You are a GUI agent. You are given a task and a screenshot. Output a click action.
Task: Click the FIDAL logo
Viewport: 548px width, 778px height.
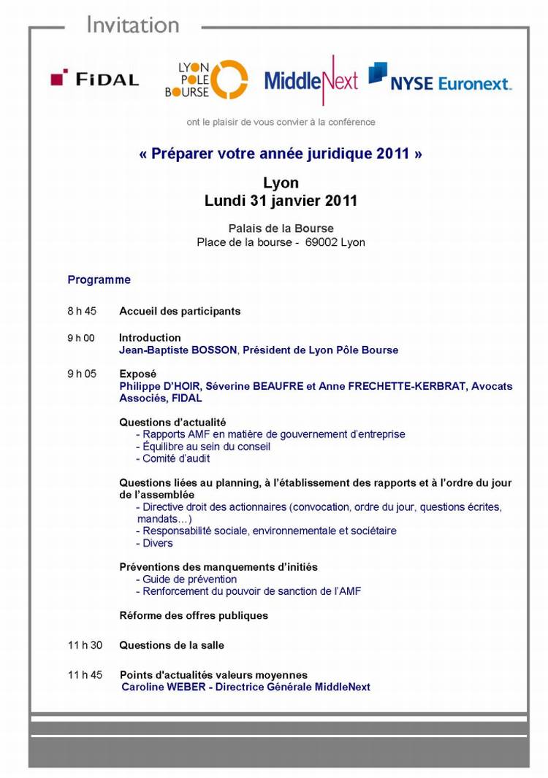[x=95, y=79]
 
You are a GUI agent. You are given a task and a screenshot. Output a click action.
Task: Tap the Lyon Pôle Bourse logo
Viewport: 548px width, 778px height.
[x=205, y=80]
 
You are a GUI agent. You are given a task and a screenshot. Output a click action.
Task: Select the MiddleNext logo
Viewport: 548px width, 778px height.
[x=311, y=80]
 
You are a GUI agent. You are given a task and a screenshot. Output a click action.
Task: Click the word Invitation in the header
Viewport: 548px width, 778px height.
[x=132, y=25]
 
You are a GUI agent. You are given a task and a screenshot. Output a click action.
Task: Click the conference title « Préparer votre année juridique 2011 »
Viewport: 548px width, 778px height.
[x=281, y=155]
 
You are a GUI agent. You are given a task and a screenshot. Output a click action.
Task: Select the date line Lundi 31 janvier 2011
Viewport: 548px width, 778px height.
[x=281, y=201]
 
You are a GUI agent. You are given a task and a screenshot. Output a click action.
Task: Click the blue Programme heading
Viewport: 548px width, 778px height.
[x=99, y=280]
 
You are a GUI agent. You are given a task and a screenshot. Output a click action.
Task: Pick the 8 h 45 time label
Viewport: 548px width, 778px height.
[x=82, y=311]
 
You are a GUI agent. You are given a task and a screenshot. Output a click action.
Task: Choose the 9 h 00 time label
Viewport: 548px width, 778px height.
[x=81, y=338]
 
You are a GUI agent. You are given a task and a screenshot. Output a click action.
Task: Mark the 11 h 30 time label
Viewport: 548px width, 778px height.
[x=85, y=645]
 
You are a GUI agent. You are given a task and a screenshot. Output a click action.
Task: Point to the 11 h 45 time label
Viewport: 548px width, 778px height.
[x=85, y=675]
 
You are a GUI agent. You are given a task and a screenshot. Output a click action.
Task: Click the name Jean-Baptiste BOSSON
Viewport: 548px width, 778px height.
[x=178, y=350]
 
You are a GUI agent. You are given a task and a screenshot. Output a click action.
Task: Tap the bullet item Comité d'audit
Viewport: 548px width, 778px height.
[x=175, y=459]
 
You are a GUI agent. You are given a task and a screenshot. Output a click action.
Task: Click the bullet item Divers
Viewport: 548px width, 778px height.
[x=157, y=543]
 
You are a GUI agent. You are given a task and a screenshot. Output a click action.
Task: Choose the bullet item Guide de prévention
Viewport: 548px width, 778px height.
[x=189, y=579]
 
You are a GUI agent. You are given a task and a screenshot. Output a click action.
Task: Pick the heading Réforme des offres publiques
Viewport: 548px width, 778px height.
[x=194, y=615]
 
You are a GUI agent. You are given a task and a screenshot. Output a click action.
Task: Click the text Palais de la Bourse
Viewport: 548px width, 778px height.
[x=281, y=229]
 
